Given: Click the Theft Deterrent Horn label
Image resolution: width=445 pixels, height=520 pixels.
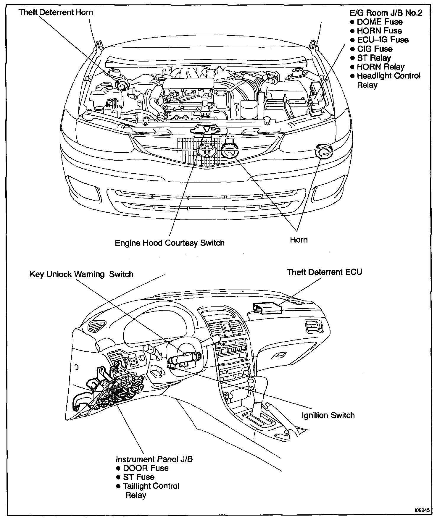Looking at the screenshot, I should (56, 12).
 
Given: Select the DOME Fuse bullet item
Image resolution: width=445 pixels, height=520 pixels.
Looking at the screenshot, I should (380, 22).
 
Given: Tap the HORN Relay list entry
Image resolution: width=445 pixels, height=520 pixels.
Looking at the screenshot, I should (380, 67).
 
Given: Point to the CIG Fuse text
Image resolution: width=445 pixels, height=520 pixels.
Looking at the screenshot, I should (375, 49).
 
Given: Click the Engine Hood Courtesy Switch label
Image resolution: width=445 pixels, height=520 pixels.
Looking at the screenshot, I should (170, 243).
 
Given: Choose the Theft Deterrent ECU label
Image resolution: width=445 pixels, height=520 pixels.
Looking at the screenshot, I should (324, 272).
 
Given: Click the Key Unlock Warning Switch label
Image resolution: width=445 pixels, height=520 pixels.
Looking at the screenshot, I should (82, 274).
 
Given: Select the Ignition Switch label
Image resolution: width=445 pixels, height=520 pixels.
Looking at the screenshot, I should (328, 415).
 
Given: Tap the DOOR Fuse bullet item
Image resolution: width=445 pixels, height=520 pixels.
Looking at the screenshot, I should (146, 468).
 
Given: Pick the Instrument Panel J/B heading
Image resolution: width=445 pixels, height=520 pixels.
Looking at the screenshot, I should (154, 459).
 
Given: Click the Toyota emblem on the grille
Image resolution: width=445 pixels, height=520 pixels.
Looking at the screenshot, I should (207, 151).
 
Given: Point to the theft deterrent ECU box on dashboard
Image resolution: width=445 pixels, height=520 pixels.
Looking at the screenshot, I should (266, 308).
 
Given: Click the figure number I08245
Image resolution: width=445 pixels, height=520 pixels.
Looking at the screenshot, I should (422, 511).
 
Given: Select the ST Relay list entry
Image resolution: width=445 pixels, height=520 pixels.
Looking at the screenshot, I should (374, 58).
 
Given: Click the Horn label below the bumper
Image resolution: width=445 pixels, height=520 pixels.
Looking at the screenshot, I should (299, 240).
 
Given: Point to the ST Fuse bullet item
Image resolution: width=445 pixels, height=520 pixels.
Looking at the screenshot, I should (138, 477).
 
